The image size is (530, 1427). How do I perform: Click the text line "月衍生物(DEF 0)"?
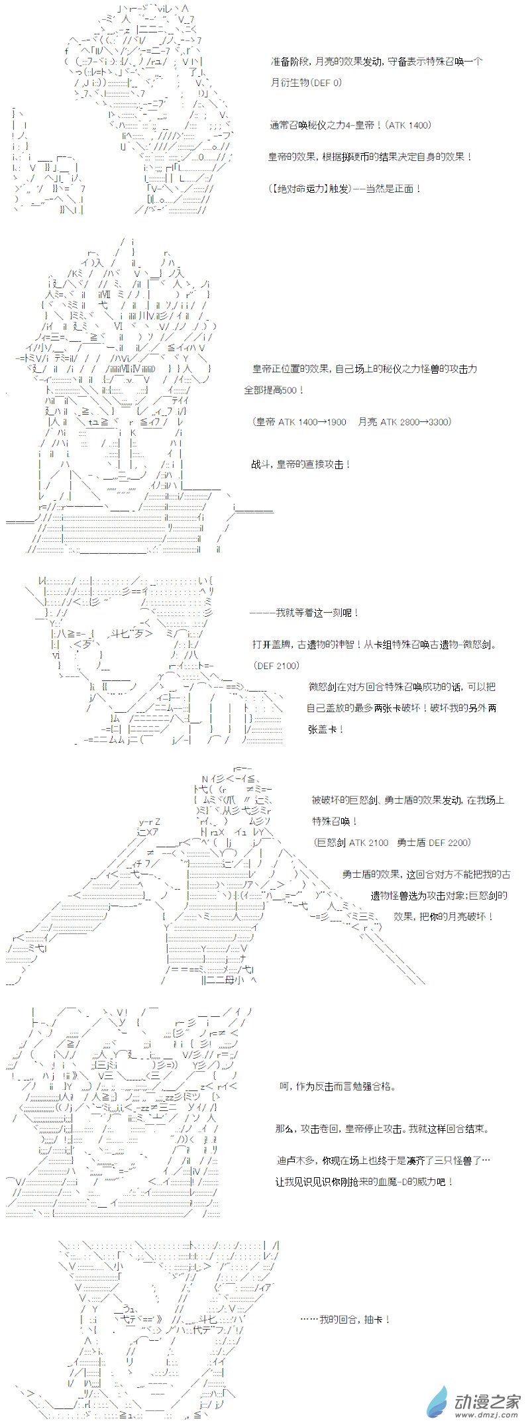(x=306, y=83)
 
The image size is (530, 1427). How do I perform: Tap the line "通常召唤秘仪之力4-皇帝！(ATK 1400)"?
(x=350, y=125)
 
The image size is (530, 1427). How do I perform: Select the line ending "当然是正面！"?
(x=345, y=189)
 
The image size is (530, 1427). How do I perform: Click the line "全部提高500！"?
(x=274, y=390)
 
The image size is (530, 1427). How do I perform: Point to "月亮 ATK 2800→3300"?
(x=404, y=422)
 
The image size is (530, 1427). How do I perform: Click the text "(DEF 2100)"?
(x=276, y=666)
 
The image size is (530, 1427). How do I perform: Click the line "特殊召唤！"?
(x=335, y=821)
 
